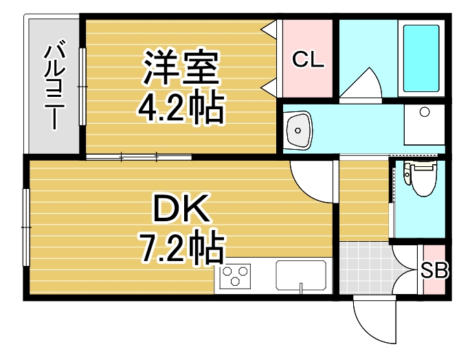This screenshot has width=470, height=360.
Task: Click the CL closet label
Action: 307,60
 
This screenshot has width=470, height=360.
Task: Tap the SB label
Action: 434,270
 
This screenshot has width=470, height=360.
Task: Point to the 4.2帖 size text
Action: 181,107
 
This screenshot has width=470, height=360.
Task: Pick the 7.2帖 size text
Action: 181,249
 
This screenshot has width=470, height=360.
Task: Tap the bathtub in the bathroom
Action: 422,58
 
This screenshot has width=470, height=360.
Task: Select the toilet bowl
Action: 418,177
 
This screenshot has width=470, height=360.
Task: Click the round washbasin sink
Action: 300,128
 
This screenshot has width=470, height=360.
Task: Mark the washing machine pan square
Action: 423,124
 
